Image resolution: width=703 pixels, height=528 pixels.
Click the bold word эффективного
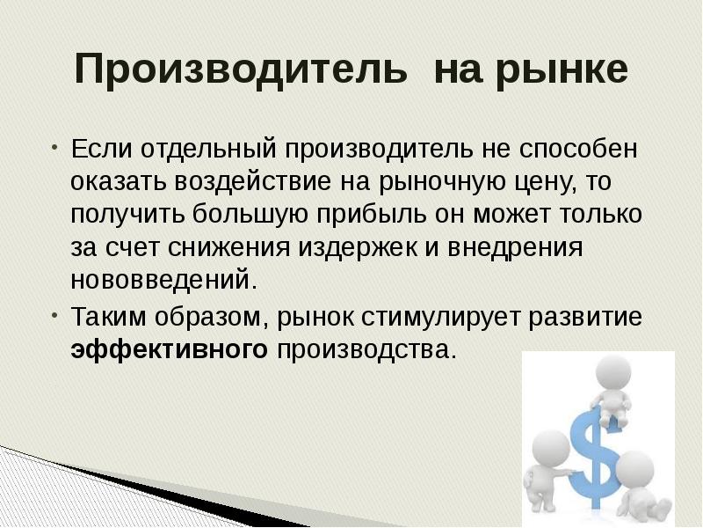click(x=169, y=349)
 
